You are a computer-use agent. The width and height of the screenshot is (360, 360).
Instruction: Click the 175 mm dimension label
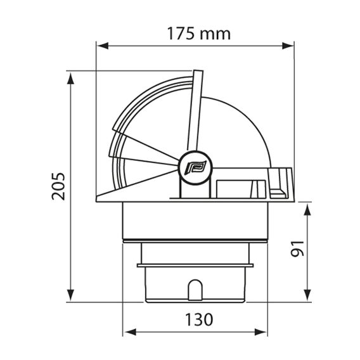(x=199, y=34)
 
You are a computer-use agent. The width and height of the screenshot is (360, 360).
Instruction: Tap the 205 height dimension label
(x=58, y=186)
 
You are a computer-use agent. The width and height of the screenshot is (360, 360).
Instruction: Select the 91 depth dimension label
(x=297, y=248)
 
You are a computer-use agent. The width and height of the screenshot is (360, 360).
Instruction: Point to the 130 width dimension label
(x=199, y=319)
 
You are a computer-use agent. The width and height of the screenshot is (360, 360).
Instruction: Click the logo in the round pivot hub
(x=196, y=167)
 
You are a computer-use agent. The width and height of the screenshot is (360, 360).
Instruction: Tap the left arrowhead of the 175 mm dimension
(x=103, y=46)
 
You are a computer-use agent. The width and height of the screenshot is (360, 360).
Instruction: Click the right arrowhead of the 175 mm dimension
(x=288, y=46)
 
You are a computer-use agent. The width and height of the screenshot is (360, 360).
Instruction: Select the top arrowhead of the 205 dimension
(x=70, y=79)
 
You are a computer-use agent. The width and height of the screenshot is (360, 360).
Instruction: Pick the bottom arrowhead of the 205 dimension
(x=70, y=295)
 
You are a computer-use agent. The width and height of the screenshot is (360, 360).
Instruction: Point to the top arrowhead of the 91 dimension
(x=307, y=210)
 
